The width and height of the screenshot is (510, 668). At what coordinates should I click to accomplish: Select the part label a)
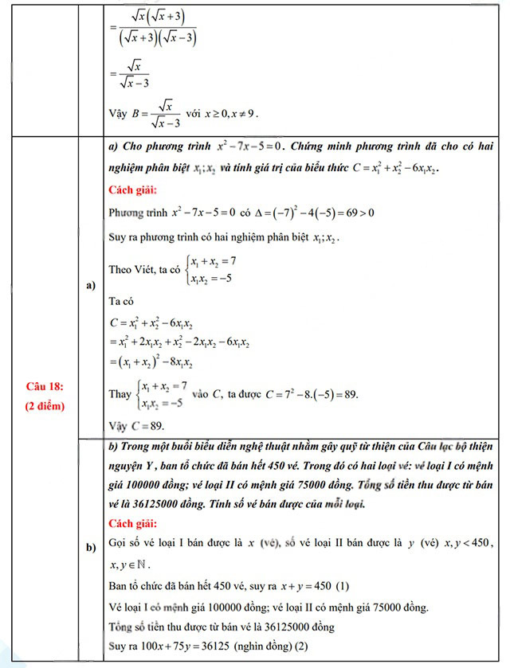click(x=91, y=286)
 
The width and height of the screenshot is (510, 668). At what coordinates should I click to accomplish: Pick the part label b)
click(x=91, y=547)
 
